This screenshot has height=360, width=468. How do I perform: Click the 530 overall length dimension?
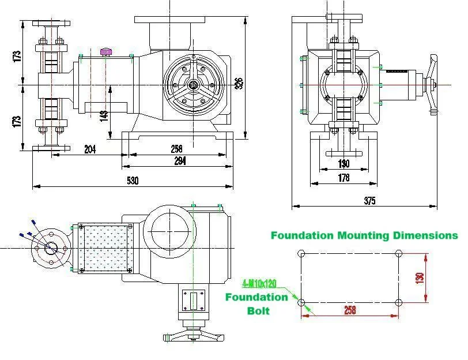(133, 181)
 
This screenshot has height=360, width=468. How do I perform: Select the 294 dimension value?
(180, 161)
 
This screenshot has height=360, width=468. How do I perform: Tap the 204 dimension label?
(90, 149)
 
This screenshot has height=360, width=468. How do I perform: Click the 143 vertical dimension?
(104, 115)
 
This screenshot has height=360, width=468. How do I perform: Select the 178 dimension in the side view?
(344, 178)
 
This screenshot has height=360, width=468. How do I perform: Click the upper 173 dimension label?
(17, 56)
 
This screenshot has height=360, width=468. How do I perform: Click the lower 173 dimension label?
(17, 121)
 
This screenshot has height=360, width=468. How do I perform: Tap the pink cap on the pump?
(107, 52)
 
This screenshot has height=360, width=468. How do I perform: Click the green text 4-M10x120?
(260, 284)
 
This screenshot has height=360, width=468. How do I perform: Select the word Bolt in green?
(258, 310)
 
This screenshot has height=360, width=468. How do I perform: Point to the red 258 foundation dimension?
(349, 310)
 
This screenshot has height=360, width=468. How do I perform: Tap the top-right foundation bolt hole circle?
(398, 254)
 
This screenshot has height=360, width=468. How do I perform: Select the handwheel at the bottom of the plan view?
(193, 335)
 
